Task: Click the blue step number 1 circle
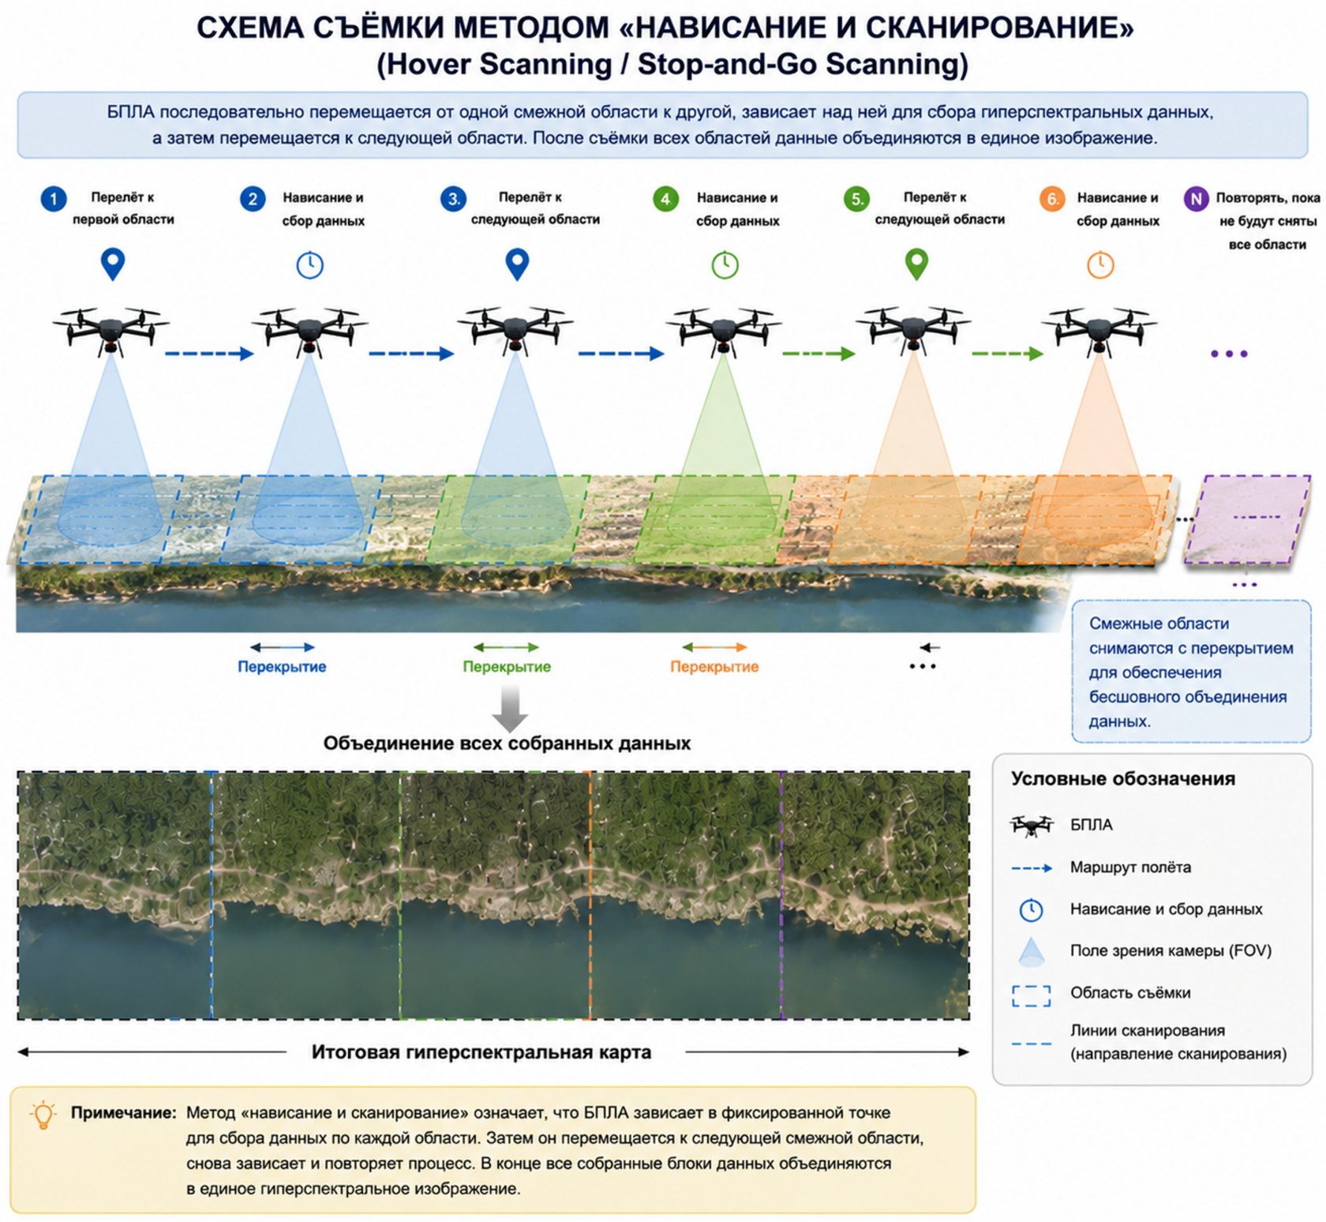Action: point(54,199)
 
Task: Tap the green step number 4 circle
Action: point(666,199)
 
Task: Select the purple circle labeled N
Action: point(1197,199)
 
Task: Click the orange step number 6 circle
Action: point(1052,199)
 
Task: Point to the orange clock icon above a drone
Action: point(1100,264)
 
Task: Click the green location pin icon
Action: point(916,264)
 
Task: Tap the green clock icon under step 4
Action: point(725,264)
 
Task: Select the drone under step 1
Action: point(111,329)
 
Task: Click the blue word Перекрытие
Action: point(282,667)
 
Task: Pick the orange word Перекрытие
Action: point(714,667)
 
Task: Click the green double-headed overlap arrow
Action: point(506,647)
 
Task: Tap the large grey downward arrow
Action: point(510,708)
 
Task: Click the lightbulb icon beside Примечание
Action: point(43,1115)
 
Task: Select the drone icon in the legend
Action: point(1032,826)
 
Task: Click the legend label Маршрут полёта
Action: point(1130,868)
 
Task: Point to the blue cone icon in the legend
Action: point(1032,952)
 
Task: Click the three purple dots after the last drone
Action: point(1229,354)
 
